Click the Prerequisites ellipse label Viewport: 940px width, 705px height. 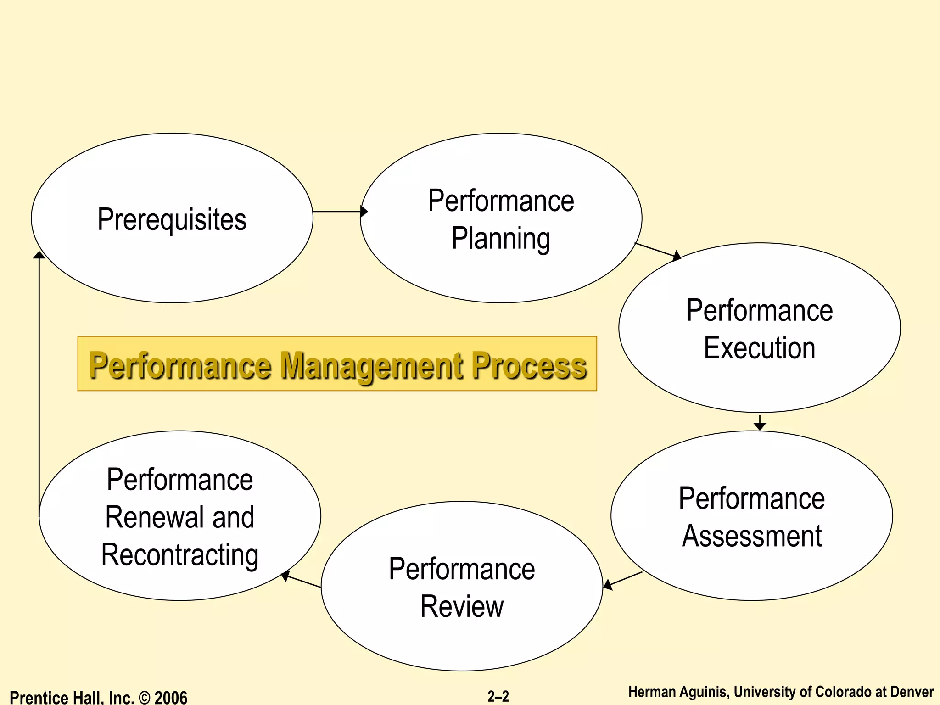172,219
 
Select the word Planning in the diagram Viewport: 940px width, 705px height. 501,238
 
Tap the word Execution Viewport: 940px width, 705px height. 760,347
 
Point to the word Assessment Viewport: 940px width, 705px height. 752,536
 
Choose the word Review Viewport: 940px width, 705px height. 462,606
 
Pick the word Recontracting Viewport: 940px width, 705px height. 180,555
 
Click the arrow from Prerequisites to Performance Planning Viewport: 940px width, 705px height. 340,212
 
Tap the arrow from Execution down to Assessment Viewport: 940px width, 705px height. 760,423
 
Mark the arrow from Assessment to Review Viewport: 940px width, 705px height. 623,580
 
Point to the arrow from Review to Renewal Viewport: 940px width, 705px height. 301,581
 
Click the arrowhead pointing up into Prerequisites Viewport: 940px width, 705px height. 39,255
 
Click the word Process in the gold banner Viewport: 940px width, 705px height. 529,366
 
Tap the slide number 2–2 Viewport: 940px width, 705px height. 498,696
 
